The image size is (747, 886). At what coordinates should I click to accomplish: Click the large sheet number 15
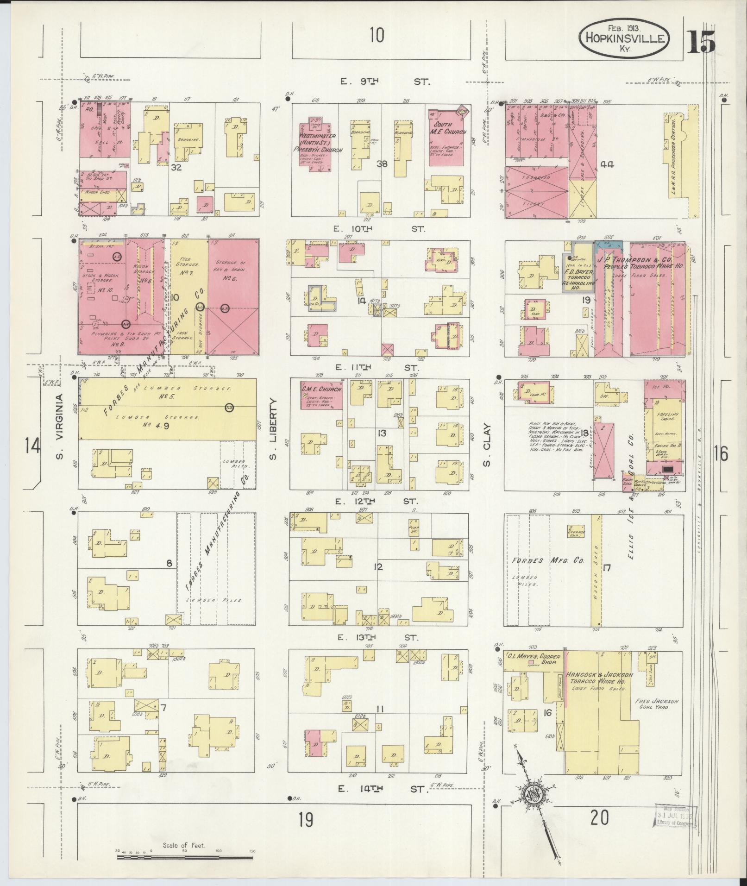(x=701, y=42)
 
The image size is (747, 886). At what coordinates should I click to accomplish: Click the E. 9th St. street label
(x=385, y=82)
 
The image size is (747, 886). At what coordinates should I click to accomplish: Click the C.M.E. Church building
(x=322, y=395)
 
